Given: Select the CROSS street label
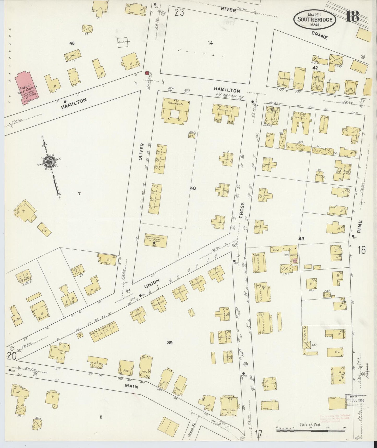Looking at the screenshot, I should [241, 210].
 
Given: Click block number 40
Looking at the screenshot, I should [193, 188].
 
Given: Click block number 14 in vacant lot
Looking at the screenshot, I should [210, 43].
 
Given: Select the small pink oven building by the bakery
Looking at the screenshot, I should [295, 261].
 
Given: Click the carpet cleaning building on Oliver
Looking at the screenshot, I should [156, 241].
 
